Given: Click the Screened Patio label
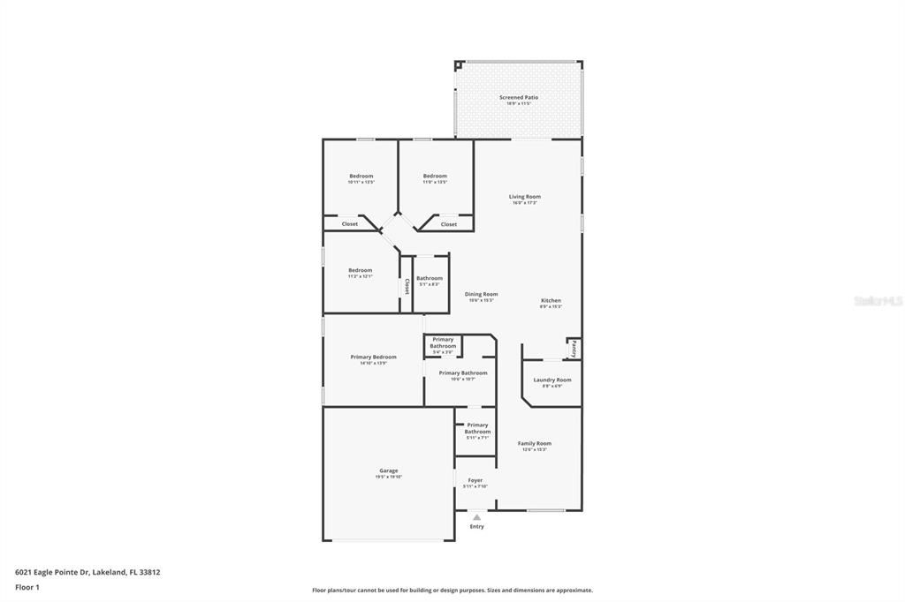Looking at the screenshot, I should pyautogui.click(x=518, y=97).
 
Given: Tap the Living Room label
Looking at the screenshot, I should pyautogui.click(x=524, y=196).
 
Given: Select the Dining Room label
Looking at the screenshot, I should pyautogui.click(x=481, y=294).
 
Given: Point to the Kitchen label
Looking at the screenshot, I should pyautogui.click(x=551, y=300).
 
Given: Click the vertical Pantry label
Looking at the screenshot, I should pyautogui.click(x=574, y=348).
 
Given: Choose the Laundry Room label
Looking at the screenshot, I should pyautogui.click(x=551, y=380).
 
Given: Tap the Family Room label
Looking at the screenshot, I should pyautogui.click(x=534, y=443).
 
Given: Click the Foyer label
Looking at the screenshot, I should pyautogui.click(x=475, y=480).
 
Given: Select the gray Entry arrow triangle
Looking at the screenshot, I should pyautogui.click(x=476, y=517).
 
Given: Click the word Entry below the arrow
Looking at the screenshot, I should pyautogui.click(x=476, y=527).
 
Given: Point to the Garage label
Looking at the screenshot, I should pyautogui.click(x=389, y=470).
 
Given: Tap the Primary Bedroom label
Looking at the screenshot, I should pyautogui.click(x=373, y=357).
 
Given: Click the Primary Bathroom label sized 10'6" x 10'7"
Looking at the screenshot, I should pyautogui.click(x=463, y=372).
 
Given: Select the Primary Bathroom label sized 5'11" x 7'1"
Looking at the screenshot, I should pyautogui.click(x=477, y=428).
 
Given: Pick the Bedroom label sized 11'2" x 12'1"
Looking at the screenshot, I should pyautogui.click(x=360, y=270).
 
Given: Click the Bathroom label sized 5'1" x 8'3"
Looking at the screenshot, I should pyautogui.click(x=430, y=278).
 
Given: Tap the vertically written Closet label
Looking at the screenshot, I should pyautogui.click(x=407, y=286).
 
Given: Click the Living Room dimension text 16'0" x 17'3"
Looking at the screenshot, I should pyautogui.click(x=524, y=203).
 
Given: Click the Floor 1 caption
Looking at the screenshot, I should pyautogui.click(x=27, y=587).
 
